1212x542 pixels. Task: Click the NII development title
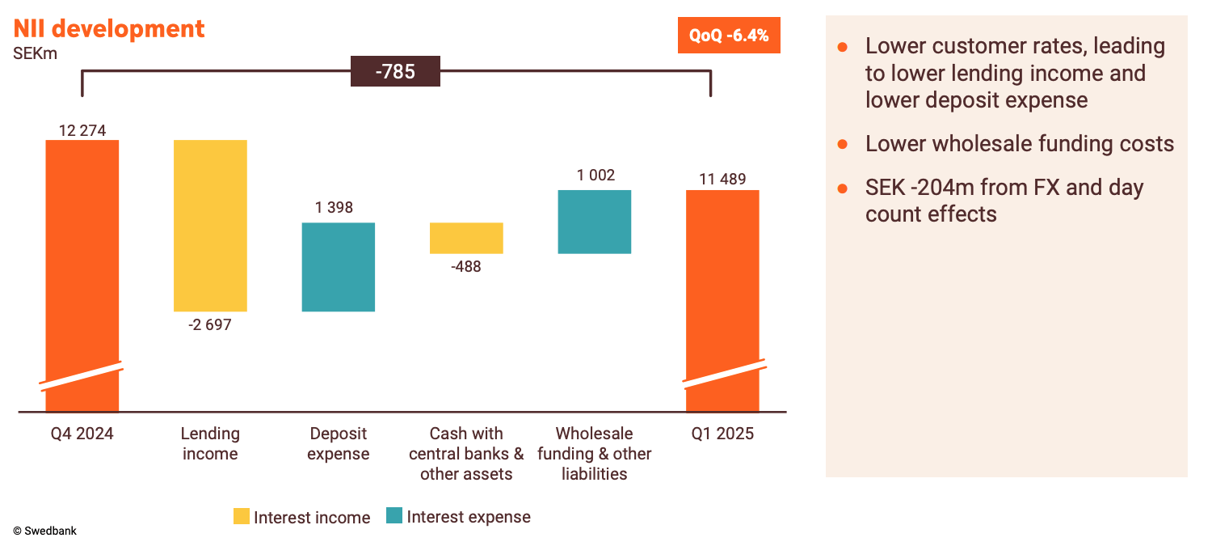pyautogui.click(x=108, y=29)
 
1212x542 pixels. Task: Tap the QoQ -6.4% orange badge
pyautogui.click(x=728, y=36)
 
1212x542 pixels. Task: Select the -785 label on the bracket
pyautogui.click(x=395, y=71)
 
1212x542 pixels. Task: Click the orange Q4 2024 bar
pyautogui.click(x=82, y=259)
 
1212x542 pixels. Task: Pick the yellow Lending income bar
pyautogui.click(x=210, y=226)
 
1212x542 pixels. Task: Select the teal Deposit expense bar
pyautogui.click(x=338, y=267)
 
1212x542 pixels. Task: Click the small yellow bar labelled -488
pyautogui.click(x=466, y=238)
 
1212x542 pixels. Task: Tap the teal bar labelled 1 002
pyautogui.click(x=594, y=222)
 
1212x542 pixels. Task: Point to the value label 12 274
pyautogui.click(x=82, y=130)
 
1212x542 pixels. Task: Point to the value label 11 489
pyautogui.click(x=722, y=180)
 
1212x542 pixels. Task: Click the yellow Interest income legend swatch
pyautogui.click(x=242, y=517)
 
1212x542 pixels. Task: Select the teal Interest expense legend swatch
pyautogui.click(x=394, y=517)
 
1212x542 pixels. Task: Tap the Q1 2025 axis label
pyautogui.click(x=722, y=434)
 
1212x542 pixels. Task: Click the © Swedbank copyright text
pyautogui.click(x=44, y=531)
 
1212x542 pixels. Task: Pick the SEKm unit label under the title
pyautogui.click(x=35, y=54)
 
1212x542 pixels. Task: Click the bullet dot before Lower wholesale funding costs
pyautogui.click(x=842, y=144)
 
